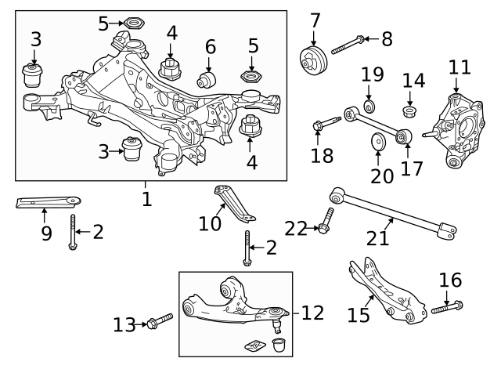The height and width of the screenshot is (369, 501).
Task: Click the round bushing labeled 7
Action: [315, 60]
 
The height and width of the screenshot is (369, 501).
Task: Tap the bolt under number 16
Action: [445, 308]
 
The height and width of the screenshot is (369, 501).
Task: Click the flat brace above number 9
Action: [47, 202]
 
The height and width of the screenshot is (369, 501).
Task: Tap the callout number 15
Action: [359, 314]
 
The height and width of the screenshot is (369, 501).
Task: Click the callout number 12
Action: [313, 313]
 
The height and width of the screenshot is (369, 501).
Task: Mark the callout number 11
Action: [460, 67]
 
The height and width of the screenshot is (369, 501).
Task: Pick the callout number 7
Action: [315, 19]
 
